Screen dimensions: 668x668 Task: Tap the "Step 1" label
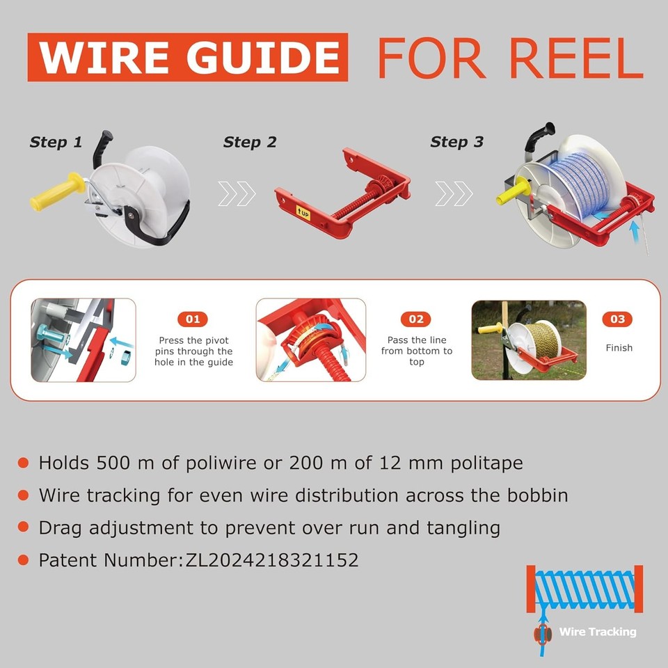tap(56, 143)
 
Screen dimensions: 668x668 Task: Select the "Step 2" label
tap(250, 143)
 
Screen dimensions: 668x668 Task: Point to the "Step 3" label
tap(456, 142)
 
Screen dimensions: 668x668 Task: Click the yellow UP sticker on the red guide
tap(303, 212)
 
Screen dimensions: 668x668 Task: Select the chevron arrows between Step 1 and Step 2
tap(237, 194)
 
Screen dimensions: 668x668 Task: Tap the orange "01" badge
tap(193, 319)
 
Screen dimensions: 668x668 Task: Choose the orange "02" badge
tap(416, 319)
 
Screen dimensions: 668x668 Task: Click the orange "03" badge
tap(618, 319)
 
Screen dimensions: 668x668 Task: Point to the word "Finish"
tap(619, 347)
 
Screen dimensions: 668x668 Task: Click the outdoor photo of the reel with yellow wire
tap(529, 340)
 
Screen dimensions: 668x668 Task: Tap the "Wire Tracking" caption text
tap(598, 632)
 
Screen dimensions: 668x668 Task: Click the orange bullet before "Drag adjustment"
tap(24, 528)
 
